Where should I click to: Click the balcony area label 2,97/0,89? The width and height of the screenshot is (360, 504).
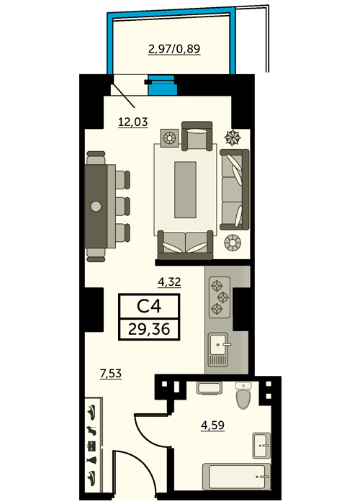point(174,49)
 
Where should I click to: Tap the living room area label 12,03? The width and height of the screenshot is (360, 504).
point(133,122)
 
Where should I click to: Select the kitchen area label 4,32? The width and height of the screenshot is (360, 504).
point(169,282)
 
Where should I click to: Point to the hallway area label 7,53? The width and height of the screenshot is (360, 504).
point(111,374)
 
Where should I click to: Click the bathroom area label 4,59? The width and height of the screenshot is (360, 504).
point(213,425)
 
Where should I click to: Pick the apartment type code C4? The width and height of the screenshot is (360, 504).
point(149,306)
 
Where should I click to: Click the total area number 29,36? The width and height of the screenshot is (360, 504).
point(149,329)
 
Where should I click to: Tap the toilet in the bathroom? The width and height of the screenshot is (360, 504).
point(243,395)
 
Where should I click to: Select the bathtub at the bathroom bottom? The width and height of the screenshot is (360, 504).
point(236,477)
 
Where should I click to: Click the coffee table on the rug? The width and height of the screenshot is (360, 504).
point(185,189)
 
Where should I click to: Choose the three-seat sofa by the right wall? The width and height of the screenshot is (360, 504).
point(234,189)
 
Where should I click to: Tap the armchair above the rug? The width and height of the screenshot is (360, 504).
point(197,136)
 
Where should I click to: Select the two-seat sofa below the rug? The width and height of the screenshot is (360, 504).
point(185,245)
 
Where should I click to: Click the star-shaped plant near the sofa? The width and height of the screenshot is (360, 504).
point(233,138)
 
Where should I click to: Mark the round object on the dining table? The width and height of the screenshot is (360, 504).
point(96,207)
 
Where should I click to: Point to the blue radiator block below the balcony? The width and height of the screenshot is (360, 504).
point(163,85)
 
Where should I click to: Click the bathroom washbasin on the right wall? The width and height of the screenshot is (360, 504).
point(261,446)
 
